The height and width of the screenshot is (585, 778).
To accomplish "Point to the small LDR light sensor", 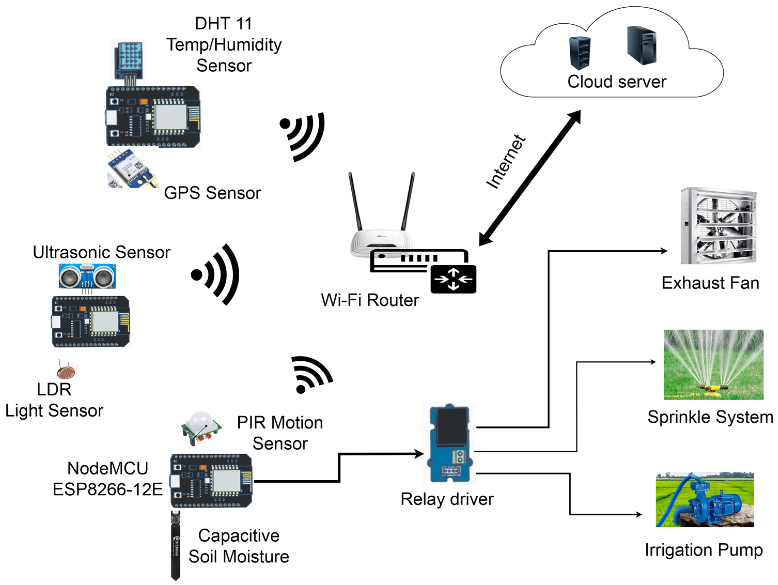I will click(66, 369).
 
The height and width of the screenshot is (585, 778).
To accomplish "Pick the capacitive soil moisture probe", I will click(175, 545).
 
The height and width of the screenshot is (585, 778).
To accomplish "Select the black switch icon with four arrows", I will click(453, 279).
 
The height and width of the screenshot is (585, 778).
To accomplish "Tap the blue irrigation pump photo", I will click(704, 500).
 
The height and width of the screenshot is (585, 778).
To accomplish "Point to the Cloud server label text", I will click(617, 82).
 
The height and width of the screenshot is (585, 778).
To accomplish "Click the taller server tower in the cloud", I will click(641, 46).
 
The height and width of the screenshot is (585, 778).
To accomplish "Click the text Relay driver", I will click(447, 500).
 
